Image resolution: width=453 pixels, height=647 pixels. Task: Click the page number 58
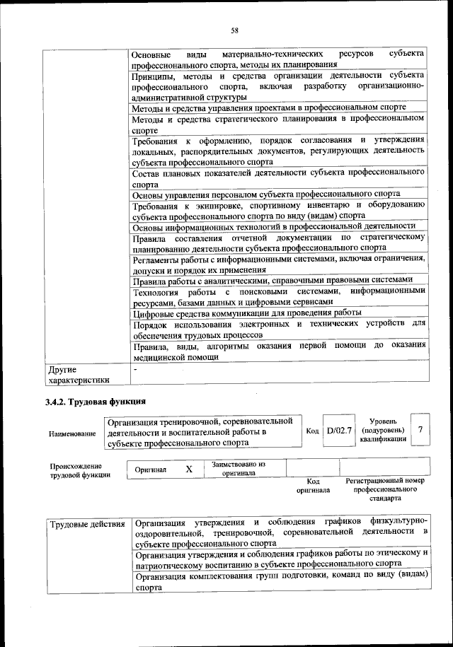click(x=234, y=30)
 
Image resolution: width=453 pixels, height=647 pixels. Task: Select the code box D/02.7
click(x=339, y=431)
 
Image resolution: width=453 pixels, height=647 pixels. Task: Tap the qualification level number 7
click(x=421, y=430)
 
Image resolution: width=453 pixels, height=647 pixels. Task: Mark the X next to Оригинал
click(x=189, y=469)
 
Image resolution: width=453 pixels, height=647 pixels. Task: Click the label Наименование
click(x=72, y=433)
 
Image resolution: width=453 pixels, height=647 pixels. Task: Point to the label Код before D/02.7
click(x=312, y=431)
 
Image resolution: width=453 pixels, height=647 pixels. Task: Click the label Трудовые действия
click(x=87, y=524)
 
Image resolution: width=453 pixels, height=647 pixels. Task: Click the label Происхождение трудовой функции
click(x=76, y=471)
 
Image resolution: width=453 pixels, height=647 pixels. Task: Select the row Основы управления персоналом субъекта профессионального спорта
click(x=266, y=194)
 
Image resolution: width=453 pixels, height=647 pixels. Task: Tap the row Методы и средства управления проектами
click(x=259, y=108)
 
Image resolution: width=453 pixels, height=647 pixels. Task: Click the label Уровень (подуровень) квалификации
click(x=382, y=430)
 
